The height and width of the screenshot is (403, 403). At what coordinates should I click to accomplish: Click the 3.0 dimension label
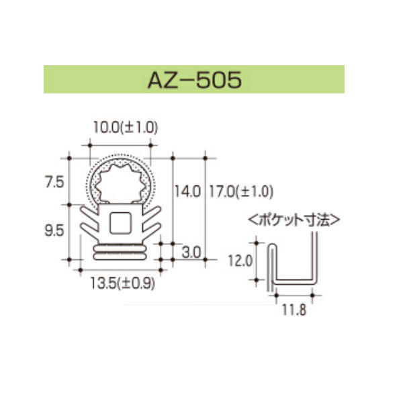click(192, 252)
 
